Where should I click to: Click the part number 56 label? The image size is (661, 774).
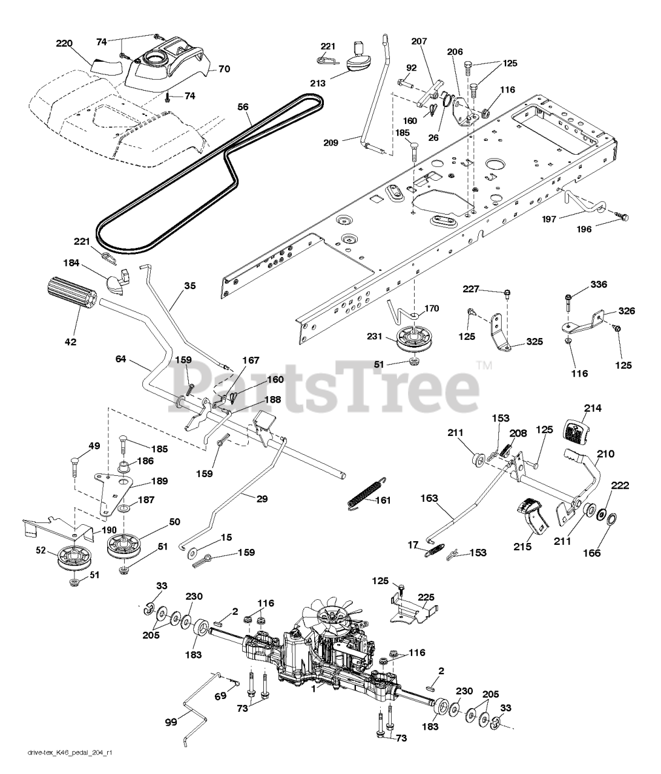(243, 106)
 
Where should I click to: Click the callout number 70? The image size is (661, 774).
(224, 70)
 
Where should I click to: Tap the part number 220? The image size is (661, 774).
(65, 43)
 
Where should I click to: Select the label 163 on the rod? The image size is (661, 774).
(430, 498)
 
